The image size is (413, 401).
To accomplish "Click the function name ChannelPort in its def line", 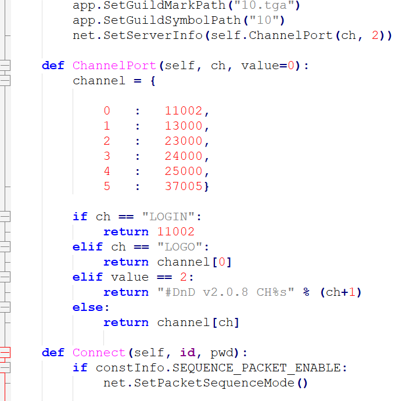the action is pyautogui.click(x=114, y=66).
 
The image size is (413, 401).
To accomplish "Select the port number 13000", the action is pyautogui.click(x=184, y=126).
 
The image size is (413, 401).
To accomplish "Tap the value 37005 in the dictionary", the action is pyautogui.click(x=184, y=187).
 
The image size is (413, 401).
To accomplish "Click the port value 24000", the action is pyautogui.click(x=184, y=156).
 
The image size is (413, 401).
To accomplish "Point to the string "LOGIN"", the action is pyautogui.click(x=168, y=217).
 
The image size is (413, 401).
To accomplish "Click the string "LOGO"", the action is pyautogui.click(x=179, y=247).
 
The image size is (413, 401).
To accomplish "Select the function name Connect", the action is pyautogui.click(x=99, y=353).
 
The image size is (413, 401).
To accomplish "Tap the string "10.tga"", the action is pyautogui.click(x=264, y=5).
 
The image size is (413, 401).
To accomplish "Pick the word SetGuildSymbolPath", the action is pyautogui.click(x=172, y=20).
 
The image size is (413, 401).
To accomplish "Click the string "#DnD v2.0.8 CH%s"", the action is pyautogui.click(x=226, y=292).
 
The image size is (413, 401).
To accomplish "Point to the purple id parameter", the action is pyautogui.click(x=188, y=353).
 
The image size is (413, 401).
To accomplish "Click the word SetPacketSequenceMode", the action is pyautogui.click(x=214, y=383).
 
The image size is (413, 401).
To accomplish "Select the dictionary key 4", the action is pyautogui.click(x=107, y=171).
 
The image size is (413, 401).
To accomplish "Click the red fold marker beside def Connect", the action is pyautogui.click(x=5, y=353).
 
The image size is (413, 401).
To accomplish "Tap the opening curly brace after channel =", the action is pyautogui.click(x=153, y=81).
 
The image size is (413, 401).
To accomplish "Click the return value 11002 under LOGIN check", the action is pyautogui.click(x=175, y=232).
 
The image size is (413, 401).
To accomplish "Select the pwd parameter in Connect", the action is pyautogui.click(x=222, y=353).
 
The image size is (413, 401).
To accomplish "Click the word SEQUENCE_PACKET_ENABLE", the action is pyautogui.click(x=256, y=368).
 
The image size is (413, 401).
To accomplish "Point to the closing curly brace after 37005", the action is pyautogui.click(x=206, y=187).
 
